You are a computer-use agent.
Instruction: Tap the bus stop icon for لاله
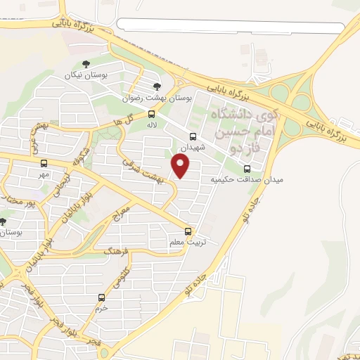(x=151, y=114)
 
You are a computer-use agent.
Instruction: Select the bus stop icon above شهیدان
(x=193, y=137)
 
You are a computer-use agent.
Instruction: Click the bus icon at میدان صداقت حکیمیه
(x=247, y=169)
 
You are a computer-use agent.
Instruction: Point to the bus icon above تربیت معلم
(x=188, y=231)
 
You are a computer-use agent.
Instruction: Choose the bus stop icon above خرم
(x=102, y=297)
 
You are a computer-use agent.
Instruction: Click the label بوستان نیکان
(x=78, y=75)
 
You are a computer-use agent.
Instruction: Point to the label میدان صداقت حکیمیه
(x=247, y=180)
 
